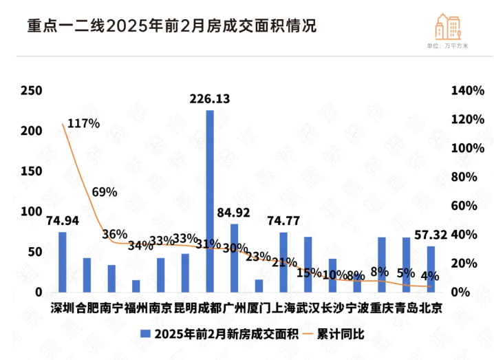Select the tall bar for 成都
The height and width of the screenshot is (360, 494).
pyautogui.click(x=210, y=201)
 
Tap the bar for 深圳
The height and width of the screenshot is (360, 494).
pyautogui.click(x=62, y=262)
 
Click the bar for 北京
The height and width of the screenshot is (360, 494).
pyautogui.click(x=431, y=268)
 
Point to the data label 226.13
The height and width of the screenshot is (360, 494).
pyautogui.click(x=210, y=99)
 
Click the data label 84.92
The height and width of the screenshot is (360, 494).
pyautogui.click(x=233, y=212)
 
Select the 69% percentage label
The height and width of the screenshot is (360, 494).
pyautogui.click(x=105, y=192)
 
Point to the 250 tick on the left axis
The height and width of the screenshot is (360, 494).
pyautogui.click(x=32, y=91)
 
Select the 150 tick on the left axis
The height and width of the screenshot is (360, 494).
pyautogui.click(x=32, y=171)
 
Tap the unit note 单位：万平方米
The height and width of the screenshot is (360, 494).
pyautogui.click(x=448, y=46)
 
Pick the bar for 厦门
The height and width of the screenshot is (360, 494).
pyautogui.click(x=259, y=285)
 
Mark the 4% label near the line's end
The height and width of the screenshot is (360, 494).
pyautogui.click(x=431, y=276)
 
